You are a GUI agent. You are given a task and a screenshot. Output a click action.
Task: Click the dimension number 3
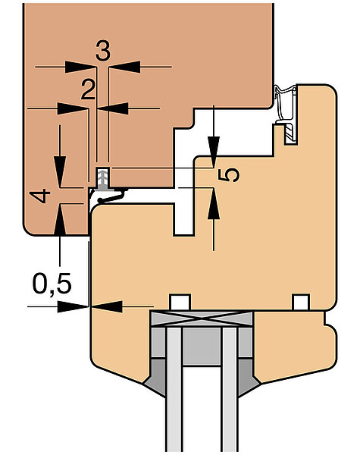[102, 52]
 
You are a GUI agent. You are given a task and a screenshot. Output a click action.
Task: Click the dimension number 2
[88, 89]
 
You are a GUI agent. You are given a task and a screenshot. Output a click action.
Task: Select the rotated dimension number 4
[39, 196]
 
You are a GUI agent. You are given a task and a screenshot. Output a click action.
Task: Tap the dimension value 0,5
[52, 284]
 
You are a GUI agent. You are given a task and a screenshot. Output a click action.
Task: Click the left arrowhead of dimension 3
[80, 67]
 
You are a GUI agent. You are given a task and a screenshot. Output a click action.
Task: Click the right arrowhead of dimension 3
[124, 67]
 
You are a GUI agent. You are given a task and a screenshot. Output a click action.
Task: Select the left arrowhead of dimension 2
[73, 108]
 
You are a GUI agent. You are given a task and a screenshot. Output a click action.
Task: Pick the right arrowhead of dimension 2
[113, 108]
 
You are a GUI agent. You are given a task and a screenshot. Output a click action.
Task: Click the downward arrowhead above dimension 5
[214, 152]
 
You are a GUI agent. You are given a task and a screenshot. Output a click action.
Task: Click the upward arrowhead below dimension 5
[214, 203]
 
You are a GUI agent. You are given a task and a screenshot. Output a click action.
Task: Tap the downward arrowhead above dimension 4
[60, 171]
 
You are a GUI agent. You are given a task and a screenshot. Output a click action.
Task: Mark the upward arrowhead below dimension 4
[60, 219]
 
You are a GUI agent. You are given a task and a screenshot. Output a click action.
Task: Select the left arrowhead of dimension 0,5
[73, 306]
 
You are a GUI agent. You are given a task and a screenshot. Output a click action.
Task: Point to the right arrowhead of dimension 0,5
[106, 306]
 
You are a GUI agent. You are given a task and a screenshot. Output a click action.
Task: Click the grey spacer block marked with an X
[202, 318]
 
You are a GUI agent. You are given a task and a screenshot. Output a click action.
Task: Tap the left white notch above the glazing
[180, 303]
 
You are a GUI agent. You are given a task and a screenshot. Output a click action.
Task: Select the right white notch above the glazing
[301, 303]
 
